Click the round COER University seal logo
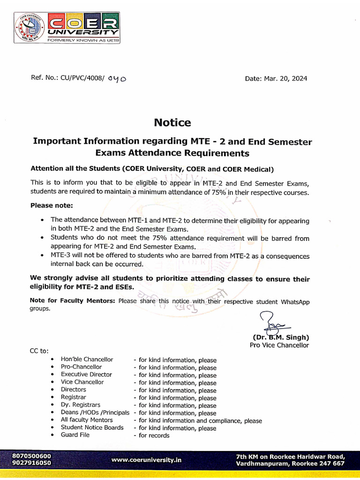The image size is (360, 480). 30,28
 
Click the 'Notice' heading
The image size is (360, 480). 172,123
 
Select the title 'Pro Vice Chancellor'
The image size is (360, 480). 279,345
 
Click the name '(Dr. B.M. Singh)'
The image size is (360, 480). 281,337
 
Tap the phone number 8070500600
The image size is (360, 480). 32,456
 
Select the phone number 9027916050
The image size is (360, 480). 32,463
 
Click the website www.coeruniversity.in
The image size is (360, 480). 146,460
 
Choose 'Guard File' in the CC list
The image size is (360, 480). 75,435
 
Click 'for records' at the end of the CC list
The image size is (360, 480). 154,435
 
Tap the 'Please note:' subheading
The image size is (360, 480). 52,205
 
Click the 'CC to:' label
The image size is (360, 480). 39,351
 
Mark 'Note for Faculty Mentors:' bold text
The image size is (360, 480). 72,301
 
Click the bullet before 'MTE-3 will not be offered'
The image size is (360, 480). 43,256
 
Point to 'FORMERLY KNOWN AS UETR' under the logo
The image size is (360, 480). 83,40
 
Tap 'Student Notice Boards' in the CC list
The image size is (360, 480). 92,427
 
